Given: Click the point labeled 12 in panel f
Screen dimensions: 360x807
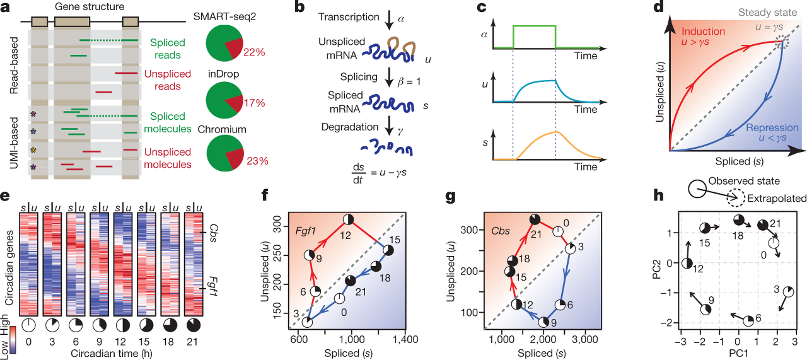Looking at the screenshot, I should point(349,219).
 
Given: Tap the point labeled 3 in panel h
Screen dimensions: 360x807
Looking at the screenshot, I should point(788,291).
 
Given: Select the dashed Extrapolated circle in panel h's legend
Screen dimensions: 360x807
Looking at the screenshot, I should point(734,199).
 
